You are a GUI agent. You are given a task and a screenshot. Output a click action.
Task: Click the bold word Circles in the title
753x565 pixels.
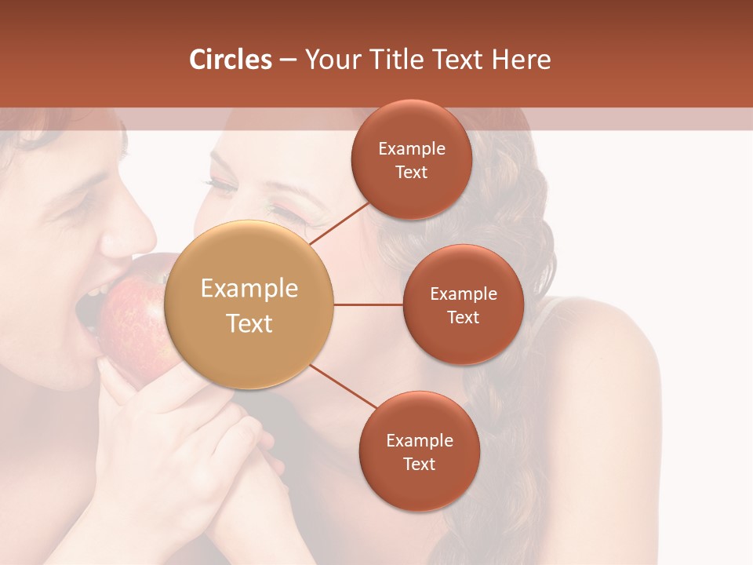point(230,60)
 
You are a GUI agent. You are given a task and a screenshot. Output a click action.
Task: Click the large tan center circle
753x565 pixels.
point(249,305)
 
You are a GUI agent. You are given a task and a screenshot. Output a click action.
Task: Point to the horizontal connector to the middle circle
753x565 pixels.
point(368,304)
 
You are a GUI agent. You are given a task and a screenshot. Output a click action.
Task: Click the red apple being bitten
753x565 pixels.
point(133,322)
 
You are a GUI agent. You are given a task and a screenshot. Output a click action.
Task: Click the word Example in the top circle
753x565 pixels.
point(412,148)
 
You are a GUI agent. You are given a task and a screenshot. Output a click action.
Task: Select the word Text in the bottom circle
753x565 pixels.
point(419,464)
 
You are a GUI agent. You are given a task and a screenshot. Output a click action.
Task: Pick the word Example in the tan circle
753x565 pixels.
point(249,288)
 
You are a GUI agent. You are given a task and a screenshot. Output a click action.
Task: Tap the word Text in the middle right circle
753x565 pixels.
point(464,317)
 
